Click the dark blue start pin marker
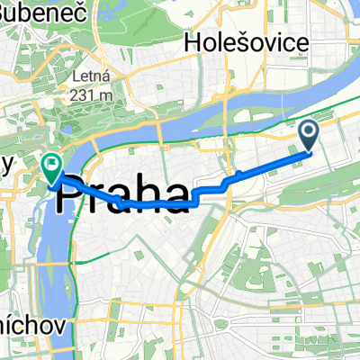[x=307, y=136]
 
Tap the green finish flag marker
[x=50, y=165]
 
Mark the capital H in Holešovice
[x=191, y=41]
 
